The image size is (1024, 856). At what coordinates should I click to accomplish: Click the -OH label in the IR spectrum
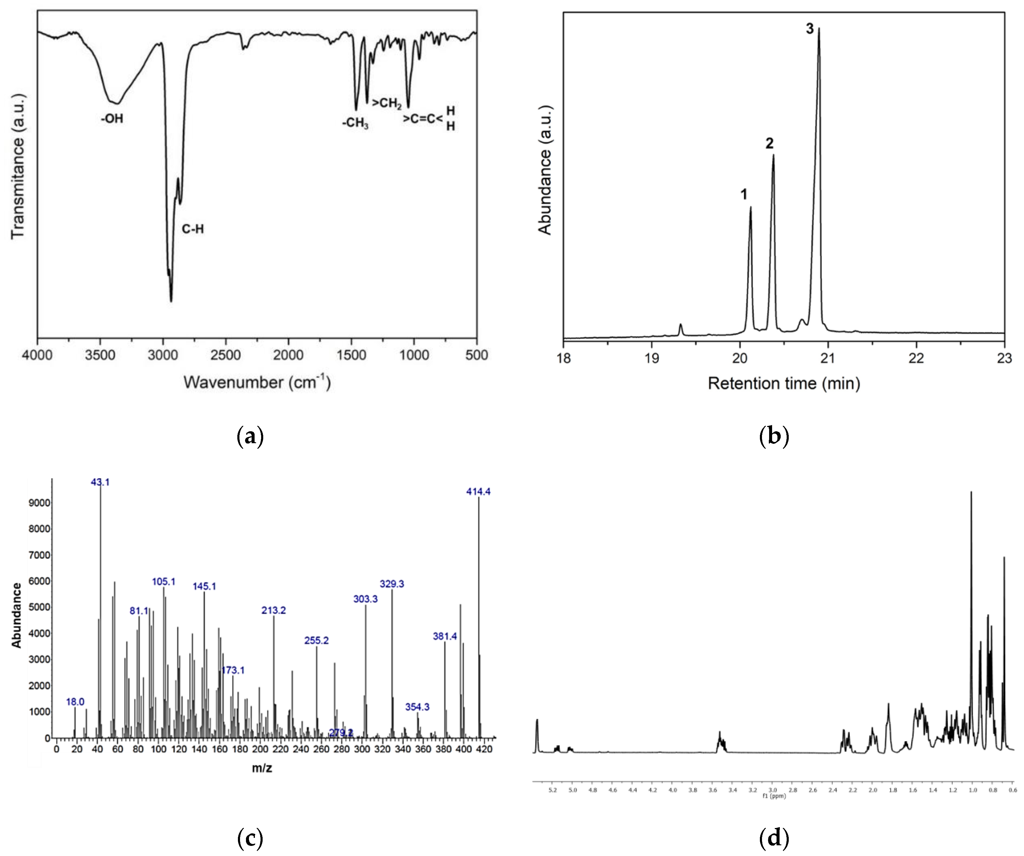(x=112, y=118)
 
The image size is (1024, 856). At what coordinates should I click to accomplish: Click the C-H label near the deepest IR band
(x=193, y=229)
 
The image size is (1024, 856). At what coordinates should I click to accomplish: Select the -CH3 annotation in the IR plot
(x=355, y=123)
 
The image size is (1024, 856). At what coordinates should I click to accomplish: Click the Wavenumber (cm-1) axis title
(x=257, y=382)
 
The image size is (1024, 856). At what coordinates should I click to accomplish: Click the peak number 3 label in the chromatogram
(x=810, y=29)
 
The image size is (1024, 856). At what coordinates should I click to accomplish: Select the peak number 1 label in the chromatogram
(x=744, y=195)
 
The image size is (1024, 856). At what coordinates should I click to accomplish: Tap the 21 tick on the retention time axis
(x=828, y=358)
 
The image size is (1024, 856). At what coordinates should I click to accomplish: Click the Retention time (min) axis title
(x=784, y=384)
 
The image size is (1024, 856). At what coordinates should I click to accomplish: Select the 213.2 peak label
(x=274, y=610)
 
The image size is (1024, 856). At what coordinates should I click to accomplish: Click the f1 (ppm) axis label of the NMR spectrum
(x=774, y=796)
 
